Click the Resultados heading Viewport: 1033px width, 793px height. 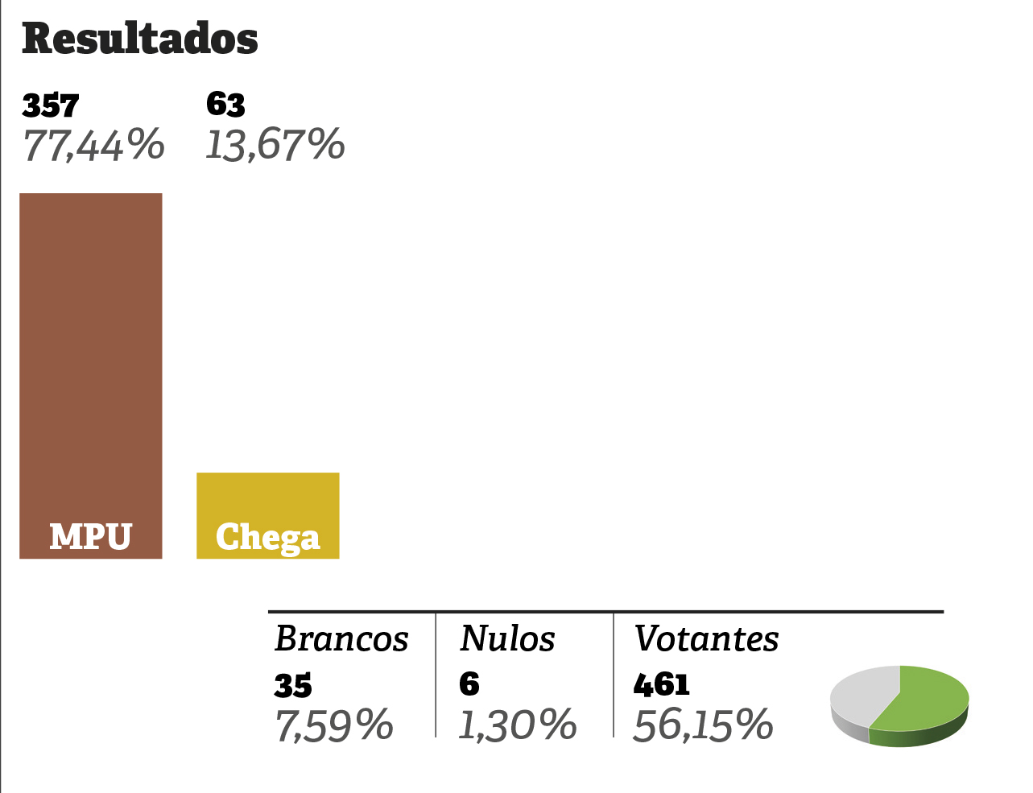[140, 39]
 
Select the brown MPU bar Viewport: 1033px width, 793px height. [91, 354]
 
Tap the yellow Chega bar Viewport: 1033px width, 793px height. [268, 495]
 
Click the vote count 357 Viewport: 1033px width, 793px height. [51, 105]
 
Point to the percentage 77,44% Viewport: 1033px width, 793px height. [93, 146]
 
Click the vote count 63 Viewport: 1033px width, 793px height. [225, 105]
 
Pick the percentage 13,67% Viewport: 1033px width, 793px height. [275, 146]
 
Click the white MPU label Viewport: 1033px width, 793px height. [90, 536]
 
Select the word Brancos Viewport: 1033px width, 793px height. [341, 639]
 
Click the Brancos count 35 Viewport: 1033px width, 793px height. [293, 685]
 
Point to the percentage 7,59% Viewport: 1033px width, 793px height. [334, 725]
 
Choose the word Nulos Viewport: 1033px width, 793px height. [507, 639]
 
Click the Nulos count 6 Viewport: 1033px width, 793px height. [469, 684]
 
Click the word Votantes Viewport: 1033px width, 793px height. [706, 639]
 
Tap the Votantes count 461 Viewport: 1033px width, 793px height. [662, 684]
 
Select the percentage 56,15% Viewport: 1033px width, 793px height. [703, 725]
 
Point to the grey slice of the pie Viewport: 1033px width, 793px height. [862, 692]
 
